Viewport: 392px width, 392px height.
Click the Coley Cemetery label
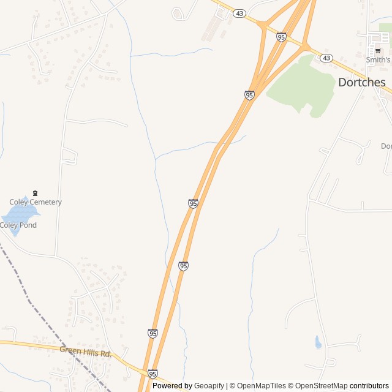36,202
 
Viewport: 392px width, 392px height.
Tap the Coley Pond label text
18,225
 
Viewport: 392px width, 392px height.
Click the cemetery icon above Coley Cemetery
35,194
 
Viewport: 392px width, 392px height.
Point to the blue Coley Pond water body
18,214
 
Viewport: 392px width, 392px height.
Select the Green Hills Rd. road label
85,352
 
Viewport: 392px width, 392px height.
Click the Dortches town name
362,82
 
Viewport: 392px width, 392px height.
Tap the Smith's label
378,60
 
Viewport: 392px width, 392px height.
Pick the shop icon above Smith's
378,51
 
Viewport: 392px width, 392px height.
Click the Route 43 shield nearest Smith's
326,58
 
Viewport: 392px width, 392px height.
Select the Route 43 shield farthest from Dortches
239,13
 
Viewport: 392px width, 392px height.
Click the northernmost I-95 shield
281,37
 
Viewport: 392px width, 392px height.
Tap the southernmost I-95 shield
153,374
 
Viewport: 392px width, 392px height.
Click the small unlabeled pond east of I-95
318,342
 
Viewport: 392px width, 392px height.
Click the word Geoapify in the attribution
210,386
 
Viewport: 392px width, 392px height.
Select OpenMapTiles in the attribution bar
261,386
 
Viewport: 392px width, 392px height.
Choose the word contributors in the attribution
369,386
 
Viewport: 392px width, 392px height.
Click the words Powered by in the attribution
172,386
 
